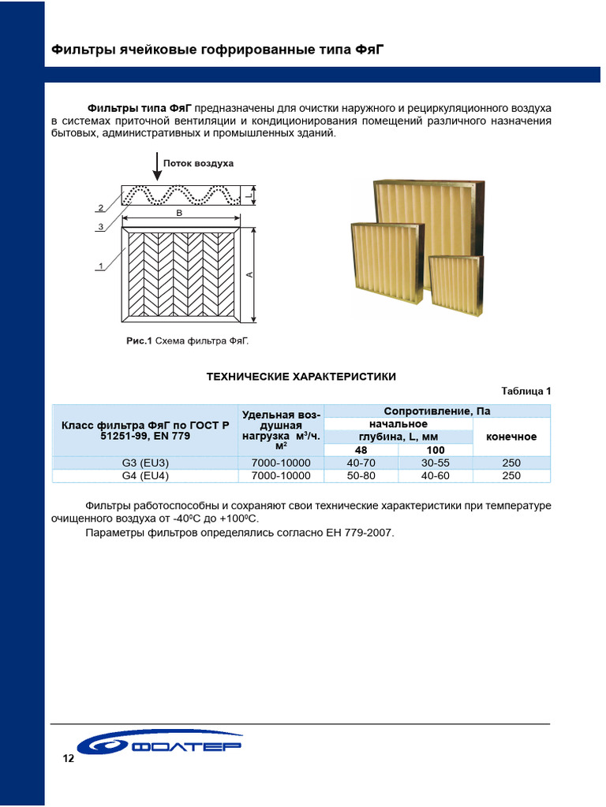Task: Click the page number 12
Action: tap(68, 759)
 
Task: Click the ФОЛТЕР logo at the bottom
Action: tap(162, 746)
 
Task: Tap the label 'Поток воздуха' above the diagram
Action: tap(198, 163)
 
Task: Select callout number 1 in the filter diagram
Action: tap(101, 266)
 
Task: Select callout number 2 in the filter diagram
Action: tap(100, 208)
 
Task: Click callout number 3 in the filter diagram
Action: tap(101, 227)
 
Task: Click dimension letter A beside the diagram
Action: tap(249, 274)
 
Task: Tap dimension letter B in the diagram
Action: tap(181, 213)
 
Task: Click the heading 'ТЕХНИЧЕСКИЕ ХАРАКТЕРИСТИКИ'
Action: tap(301, 377)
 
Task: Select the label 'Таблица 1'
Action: tap(526, 391)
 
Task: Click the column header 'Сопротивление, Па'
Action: tap(437, 411)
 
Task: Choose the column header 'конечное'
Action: tap(511, 437)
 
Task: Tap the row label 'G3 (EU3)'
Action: tap(145, 463)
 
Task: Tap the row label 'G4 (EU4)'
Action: tap(145, 476)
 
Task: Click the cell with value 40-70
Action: tap(361, 463)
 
